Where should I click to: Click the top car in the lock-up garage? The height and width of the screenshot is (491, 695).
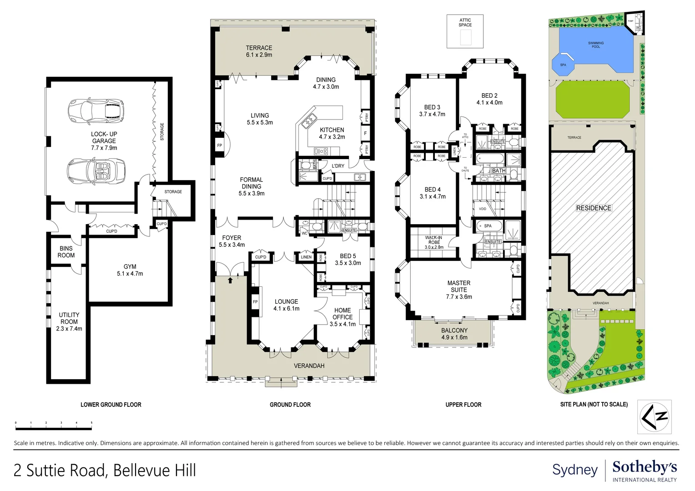point(96,111)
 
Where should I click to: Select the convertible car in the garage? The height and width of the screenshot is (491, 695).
point(96,170)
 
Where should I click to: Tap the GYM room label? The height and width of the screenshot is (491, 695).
point(130,270)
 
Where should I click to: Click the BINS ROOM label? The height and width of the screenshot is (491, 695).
point(66,252)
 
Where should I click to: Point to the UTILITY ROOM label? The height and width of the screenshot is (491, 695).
point(69,321)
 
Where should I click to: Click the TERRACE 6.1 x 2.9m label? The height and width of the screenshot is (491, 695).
point(259,51)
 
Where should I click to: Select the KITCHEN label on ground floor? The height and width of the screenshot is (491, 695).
point(332,133)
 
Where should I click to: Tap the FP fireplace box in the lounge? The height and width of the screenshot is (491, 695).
point(255,302)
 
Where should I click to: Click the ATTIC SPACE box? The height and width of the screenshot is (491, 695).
point(465,31)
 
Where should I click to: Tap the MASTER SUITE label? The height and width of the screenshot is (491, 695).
point(458,290)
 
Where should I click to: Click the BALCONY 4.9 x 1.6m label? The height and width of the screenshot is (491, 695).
point(454,334)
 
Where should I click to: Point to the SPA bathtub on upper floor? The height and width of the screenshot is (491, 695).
point(489,226)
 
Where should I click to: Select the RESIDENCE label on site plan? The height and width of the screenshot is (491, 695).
point(594,208)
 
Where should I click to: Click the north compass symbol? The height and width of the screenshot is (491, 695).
point(654,416)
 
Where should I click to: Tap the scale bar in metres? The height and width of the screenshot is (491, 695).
point(54,426)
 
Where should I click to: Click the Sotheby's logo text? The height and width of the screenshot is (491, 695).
point(644,467)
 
